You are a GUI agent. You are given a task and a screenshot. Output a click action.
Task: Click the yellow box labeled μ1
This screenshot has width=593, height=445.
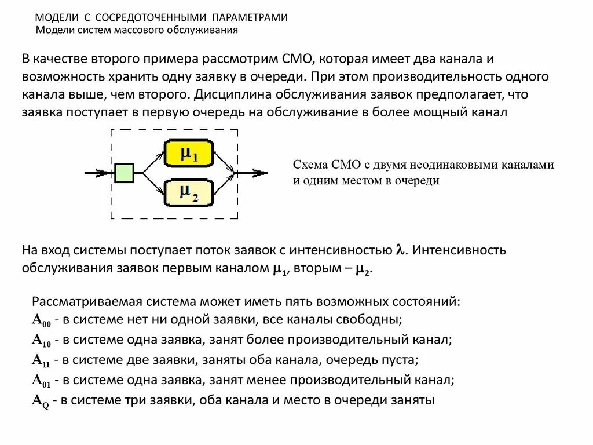click(188, 154)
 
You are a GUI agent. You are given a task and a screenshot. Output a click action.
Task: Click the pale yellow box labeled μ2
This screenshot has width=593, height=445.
click(188, 192)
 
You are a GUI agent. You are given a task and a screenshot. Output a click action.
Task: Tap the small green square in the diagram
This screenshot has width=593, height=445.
click(124, 173)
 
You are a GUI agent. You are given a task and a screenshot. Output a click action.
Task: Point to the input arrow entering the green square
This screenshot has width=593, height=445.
click(98, 173)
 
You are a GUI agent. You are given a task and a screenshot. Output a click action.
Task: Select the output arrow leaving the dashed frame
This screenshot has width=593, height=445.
click(252, 173)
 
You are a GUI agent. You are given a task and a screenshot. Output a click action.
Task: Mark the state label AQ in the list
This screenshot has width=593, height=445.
click(41, 401)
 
